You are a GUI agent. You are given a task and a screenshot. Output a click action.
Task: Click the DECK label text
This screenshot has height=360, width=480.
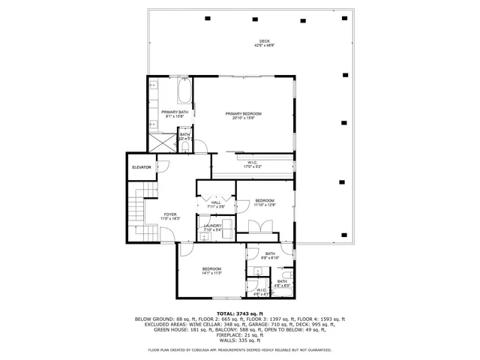[x=264, y=41]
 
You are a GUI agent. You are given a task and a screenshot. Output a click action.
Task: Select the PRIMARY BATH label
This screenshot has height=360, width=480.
[x=174, y=112]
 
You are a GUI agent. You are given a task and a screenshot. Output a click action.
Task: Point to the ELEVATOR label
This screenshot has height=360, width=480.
[x=142, y=167]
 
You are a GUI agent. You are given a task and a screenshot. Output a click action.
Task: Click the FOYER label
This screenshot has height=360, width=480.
[x=170, y=214]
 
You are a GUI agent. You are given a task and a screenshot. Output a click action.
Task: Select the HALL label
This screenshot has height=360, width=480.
[x=216, y=202]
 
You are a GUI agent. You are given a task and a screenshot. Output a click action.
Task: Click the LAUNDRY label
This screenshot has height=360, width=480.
[x=213, y=226]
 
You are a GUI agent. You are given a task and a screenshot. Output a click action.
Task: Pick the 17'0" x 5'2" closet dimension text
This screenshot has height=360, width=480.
[x=253, y=166]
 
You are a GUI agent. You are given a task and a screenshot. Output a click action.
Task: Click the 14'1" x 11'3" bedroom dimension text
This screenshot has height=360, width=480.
[x=211, y=273]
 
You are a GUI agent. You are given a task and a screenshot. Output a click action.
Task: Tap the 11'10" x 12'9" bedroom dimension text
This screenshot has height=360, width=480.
[x=265, y=205]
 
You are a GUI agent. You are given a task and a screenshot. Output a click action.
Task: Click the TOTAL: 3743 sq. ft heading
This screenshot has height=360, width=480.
[x=239, y=313]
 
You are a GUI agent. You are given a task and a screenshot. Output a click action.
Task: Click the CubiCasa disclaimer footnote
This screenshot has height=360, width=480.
[x=239, y=349]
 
